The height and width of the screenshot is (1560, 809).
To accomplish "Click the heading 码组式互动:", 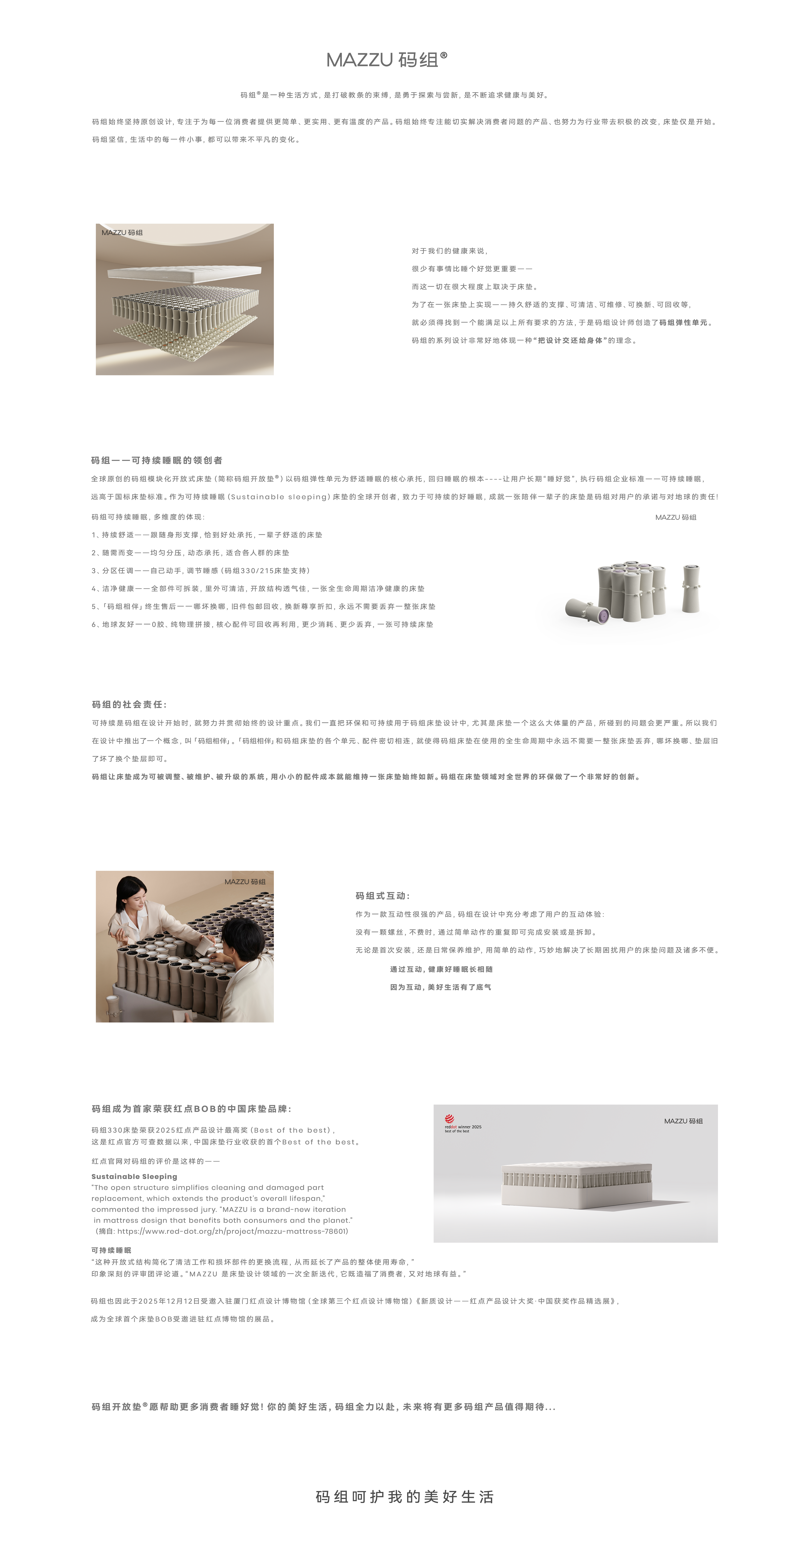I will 383,896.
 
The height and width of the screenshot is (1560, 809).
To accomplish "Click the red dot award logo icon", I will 449,1119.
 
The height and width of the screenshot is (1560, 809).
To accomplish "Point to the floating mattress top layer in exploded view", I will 184,274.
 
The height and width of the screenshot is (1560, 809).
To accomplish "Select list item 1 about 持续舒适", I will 207,535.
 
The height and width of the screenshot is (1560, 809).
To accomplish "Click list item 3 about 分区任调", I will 201,570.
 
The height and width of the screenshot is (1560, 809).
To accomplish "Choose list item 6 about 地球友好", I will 262,624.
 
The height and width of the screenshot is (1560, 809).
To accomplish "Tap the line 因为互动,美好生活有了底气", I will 440,987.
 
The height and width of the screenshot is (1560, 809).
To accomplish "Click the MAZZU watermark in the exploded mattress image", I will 122,233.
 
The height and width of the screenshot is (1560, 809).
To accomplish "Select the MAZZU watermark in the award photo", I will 683,1121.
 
